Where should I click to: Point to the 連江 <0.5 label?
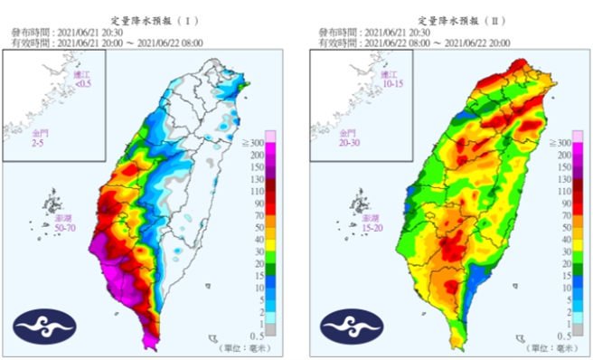(82, 79)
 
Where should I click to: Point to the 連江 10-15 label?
(391, 79)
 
